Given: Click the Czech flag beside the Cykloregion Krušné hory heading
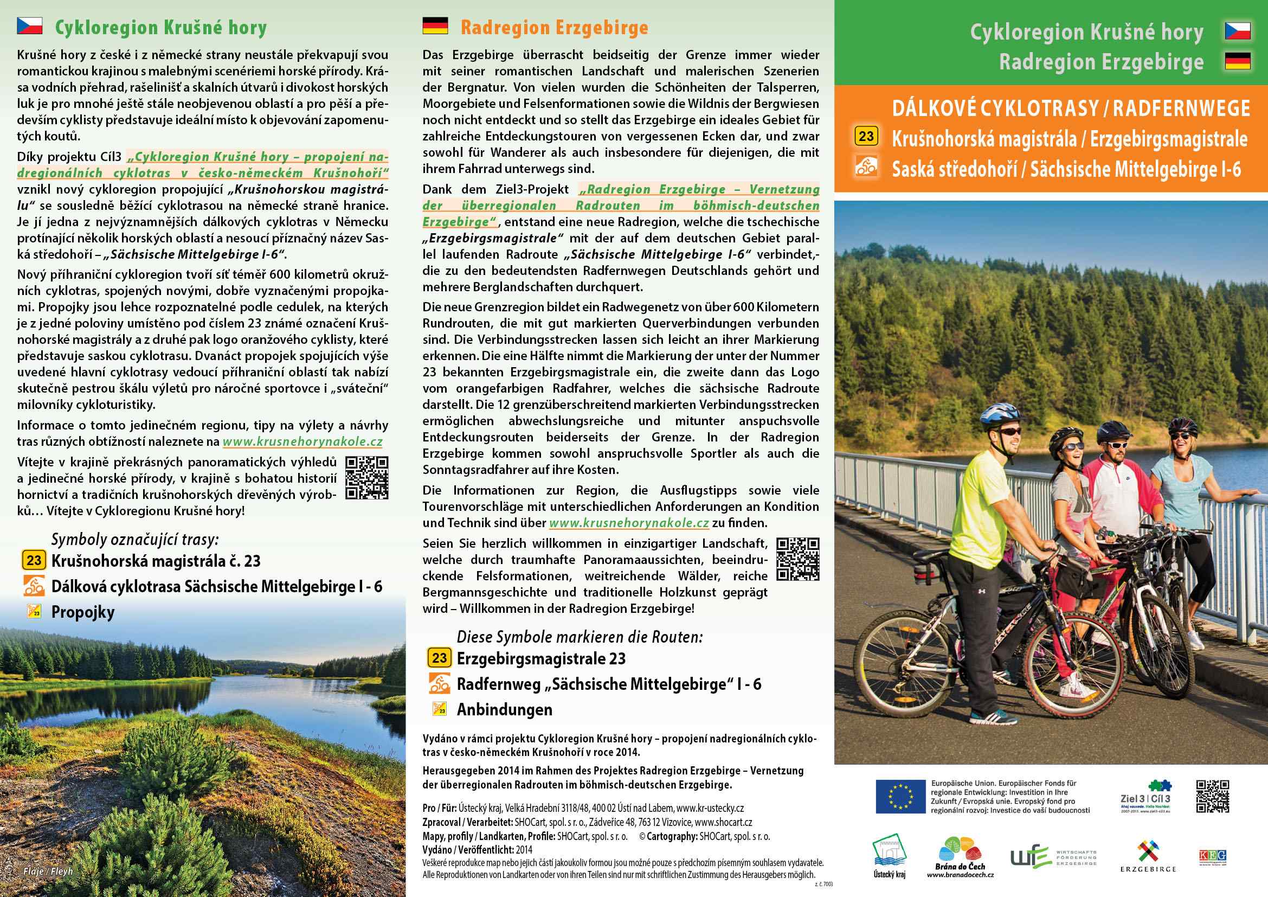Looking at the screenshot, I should [x=29, y=26].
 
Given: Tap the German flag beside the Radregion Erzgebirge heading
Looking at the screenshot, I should [x=435, y=26].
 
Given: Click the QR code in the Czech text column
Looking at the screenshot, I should [x=366, y=478].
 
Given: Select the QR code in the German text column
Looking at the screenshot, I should [x=797, y=559].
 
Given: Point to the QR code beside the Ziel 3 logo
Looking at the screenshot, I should [x=1212, y=797].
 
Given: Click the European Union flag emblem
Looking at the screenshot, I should [x=900, y=797].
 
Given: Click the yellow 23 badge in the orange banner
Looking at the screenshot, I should [x=866, y=136].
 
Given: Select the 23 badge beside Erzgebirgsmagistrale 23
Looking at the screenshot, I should [x=439, y=658].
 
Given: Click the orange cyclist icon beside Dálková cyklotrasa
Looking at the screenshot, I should [x=34, y=586].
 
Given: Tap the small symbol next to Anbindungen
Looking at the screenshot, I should [x=439, y=709].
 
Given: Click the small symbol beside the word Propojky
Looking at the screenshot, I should [x=34, y=611].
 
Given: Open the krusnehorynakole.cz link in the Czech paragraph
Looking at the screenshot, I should [x=302, y=442].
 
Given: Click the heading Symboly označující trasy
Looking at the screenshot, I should [x=135, y=539].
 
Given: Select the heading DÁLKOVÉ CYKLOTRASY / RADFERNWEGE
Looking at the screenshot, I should [x=1071, y=108].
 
